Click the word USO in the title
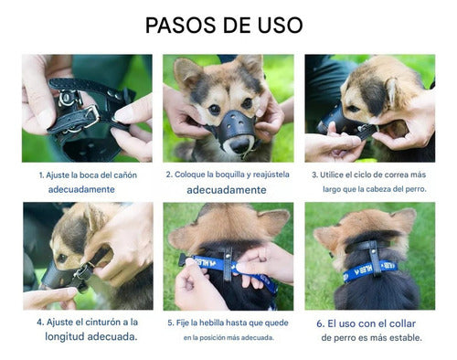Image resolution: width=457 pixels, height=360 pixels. coord(281,25)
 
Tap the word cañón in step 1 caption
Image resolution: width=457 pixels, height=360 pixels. coord(125,175)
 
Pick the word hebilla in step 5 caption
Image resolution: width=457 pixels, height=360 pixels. coord(211,323)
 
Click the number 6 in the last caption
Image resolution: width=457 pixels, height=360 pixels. coord(320,323)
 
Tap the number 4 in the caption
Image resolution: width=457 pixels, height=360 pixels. coord(40,323)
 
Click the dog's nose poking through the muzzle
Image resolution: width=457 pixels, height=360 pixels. coord(239,145)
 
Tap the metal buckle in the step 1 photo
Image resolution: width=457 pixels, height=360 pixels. coord(90,116)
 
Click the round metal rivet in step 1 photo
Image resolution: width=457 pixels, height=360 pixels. coord(66,98)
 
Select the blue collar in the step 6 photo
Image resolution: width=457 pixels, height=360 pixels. coord(370,270)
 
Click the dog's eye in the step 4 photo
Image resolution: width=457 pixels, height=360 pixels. coord(62,258)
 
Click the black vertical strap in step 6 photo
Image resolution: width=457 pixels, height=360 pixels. coord(375,259)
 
